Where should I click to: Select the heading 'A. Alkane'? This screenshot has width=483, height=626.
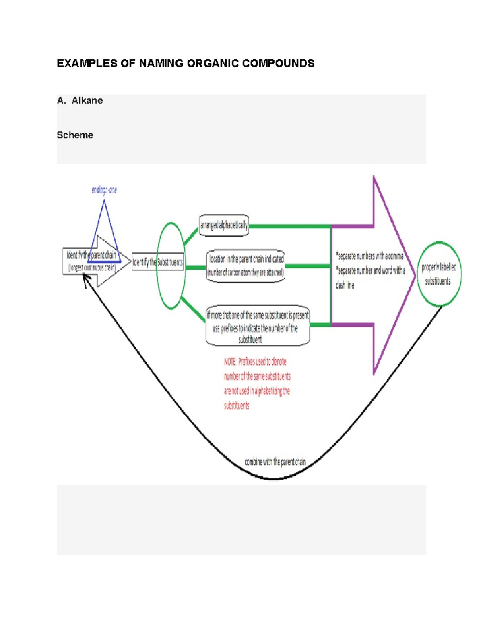click(x=80, y=101)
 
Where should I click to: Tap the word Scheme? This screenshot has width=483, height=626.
click(x=75, y=135)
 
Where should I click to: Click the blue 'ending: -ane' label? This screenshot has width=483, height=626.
click(x=104, y=190)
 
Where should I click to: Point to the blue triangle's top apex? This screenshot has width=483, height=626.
click(x=104, y=201)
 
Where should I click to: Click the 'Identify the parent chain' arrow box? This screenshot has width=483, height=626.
click(x=92, y=261)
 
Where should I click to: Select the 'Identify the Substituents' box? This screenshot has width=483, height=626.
click(x=157, y=263)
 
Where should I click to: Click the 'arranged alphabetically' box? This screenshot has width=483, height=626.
click(x=224, y=225)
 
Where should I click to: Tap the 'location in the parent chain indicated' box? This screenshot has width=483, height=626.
click(x=246, y=266)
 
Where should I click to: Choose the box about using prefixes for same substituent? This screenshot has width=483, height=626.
click(x=257, y=326)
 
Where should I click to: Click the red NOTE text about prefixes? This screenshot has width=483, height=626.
click(x=256, y=383)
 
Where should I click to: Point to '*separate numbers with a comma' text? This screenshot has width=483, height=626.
click(x=370, y=256)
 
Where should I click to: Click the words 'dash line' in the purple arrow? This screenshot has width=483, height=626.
click(x=345, y=285)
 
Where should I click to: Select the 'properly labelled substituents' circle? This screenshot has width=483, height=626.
click(x=439, y=274)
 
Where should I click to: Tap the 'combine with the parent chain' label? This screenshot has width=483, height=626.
click(x=275, y=462)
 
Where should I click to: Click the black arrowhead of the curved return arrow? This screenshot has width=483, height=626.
click(x=85, y=278)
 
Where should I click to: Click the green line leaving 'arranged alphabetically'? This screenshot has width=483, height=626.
click(x=290, y=227)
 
